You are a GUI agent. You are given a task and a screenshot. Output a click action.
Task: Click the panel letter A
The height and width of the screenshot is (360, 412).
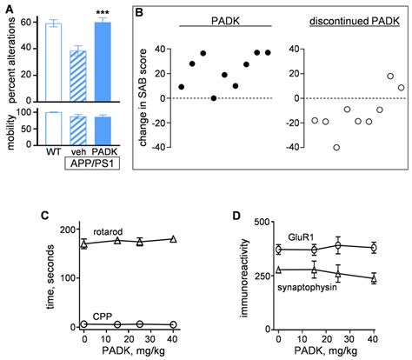pyautogui.click(x=6, y=6)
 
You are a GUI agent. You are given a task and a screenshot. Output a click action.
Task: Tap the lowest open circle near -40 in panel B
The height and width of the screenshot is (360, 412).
pyautogui.click(x=336, y=147)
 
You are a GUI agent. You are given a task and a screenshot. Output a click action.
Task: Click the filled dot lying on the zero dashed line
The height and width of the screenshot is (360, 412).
pyautogui.click(x=214, y=97)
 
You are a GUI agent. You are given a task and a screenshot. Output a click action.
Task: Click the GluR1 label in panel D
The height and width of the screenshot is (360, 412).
pyautogui.click(x=300, y=235)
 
